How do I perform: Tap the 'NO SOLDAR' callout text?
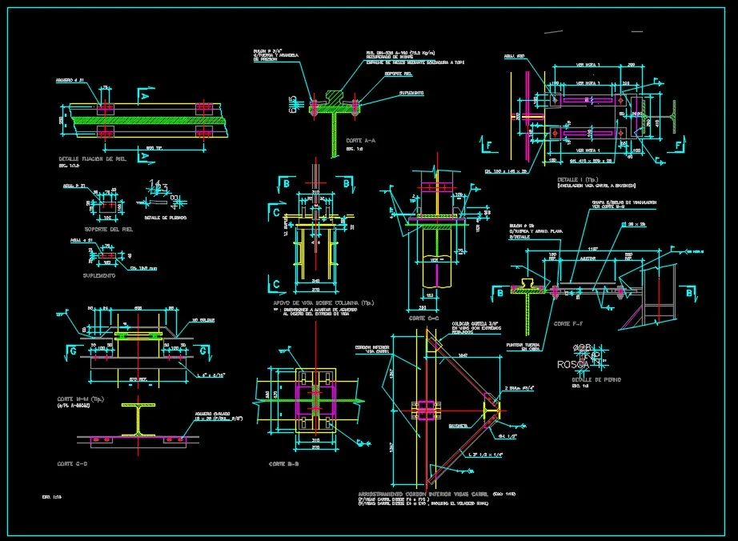[203, 320]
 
